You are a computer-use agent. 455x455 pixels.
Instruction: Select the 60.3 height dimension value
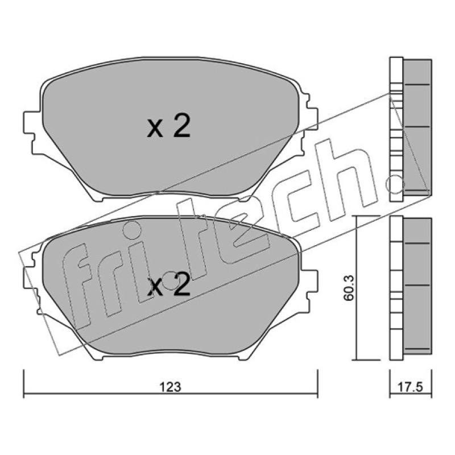point(348,288)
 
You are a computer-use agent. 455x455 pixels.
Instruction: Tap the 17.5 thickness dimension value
point(410,387)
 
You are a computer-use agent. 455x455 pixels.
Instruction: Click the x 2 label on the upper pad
point(169,126)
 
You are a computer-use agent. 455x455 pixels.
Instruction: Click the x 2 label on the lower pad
point(169,285)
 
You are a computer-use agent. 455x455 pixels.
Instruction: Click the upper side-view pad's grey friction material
point(417,127)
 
